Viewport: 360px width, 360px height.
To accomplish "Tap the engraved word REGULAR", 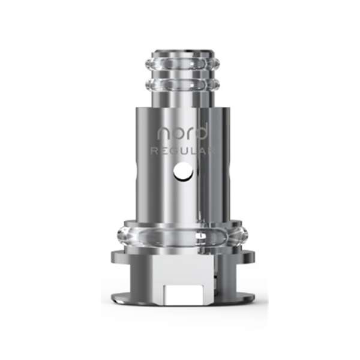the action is [183, 151].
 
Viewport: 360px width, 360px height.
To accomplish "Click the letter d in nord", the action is [202, 131].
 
